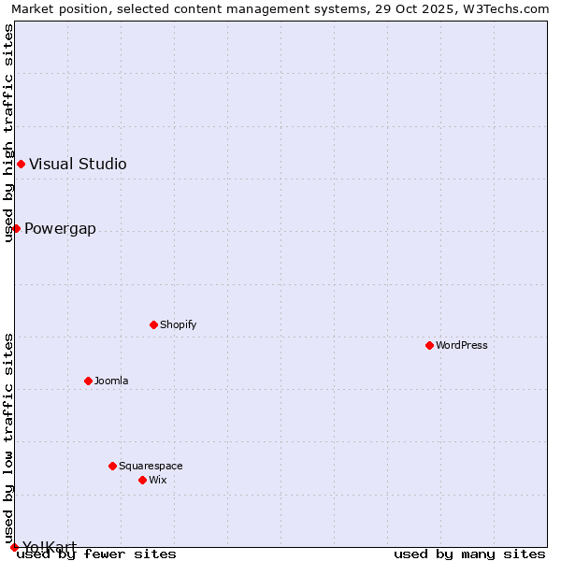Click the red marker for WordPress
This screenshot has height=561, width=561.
pyautogui.click(x=429, y=345)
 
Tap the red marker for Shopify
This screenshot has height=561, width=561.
pyautogui.click(x=153, y=324)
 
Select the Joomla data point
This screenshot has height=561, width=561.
pyautogui.click(x=88, y=381)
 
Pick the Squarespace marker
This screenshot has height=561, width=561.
pyautogui.click(x=112, y=466)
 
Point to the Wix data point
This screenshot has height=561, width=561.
pyautogui.click(x=142, y=480)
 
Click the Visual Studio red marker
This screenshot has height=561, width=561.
pyautogui.click(x=21, y=164)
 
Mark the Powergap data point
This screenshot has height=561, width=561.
pyautogui.click(x=16, y=228)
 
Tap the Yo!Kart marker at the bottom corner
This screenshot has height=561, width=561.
pyautogui.click(x=14, y=547)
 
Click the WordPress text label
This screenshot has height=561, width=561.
pyautogui.click(x=462, y=346)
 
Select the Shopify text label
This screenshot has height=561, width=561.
pyautogui.click(x=179, y=325)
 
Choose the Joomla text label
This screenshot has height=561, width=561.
pyautogui.click(x=111, y=381)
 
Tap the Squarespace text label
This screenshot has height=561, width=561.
pyautogui.click(x=151, y=467)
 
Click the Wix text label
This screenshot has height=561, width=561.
pyautogui.click(x=158, y=481)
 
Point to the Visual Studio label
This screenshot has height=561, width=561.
pyautogui.click(x=78, y=165)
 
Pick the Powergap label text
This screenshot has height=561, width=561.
pyautogui.click(x=60, y=229)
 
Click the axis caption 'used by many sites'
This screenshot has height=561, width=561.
pyautogui.click(x=469, y=554)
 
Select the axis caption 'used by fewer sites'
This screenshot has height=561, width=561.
pyautogui.click(x=97, y=554)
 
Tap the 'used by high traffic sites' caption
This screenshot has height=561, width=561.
pyautogui.click(x=9, y=133)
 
